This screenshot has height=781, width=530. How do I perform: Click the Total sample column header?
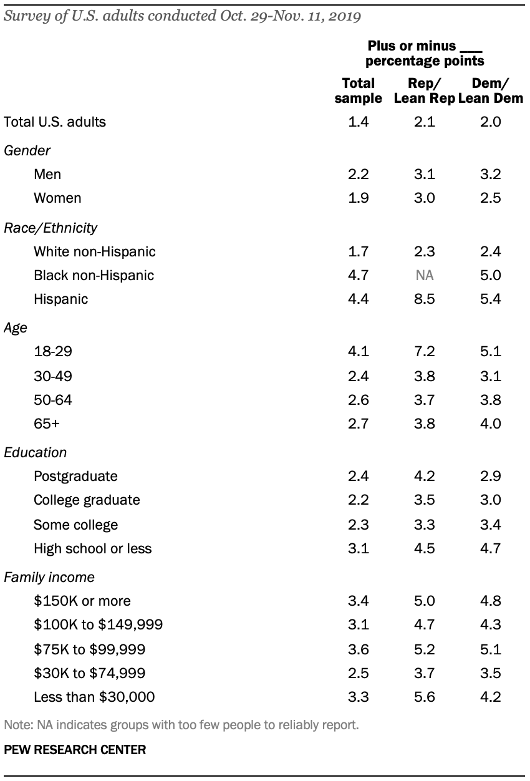pyautogui.click(x=358, y=90)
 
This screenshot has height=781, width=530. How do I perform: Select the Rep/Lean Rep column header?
pyautogui.click(x=424, y=90)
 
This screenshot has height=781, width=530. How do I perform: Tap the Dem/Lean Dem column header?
pyautogui.click(x=490, y=90)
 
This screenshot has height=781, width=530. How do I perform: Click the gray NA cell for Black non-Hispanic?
pyautogui.click(x=425, y=276)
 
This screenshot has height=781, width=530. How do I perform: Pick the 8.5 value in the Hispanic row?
pyautogui.click(x=425, y=299)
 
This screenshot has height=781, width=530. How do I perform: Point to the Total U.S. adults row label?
pyautogui.click(x=55, y=122)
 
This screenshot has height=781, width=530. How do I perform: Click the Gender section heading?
pyautogui.click(x=27, y=150)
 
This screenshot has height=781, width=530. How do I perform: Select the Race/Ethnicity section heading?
pyautogui.click(x=51, y=228)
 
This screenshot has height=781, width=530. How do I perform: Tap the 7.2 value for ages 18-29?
pyautogui.click(x=425, y=351)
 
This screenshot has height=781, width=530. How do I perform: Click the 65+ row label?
pyautogui.click(x=47, y=424)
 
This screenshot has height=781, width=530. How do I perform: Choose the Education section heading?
pyautogui.click(x=35, y=452)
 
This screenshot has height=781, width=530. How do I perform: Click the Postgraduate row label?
pyautogui.click(x=75, y=476)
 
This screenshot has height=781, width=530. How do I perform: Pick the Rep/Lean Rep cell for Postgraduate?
pyautogui.click(x=425, y=476)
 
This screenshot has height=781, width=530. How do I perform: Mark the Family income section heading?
pyautogui.click(x=49, y=578)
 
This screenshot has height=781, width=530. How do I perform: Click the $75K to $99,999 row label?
pyautogui.click(x=90, y=649)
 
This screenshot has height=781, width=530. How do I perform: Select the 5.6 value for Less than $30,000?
pyautogui.click(x=425, y=697)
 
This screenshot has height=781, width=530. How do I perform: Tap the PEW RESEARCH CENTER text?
pyautogui.click(x=75, y=750)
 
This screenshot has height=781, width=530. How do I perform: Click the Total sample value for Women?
pyautogui.click(x=358, y=198)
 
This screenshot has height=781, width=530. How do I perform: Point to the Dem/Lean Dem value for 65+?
pyautogui.click(x=490, y=424)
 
